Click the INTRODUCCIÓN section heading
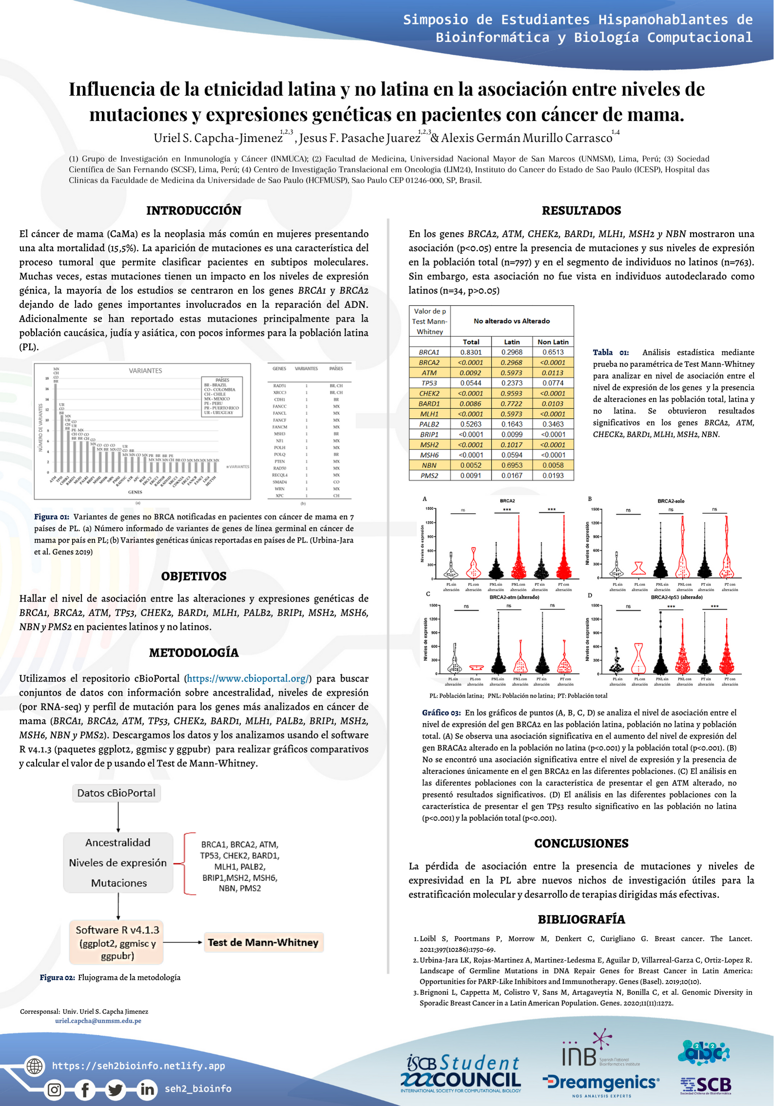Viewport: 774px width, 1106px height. pyautogui.click(x=194, y=210)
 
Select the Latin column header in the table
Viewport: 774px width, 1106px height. pyautogui.click(x=512, y=342)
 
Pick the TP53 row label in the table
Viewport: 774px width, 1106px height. pyautogui.click(x=429, y=383)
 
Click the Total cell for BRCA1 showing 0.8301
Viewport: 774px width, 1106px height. pyautogui.click(x=471, y=352)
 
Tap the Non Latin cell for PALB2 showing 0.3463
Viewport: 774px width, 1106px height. pyautogui.click(x=553, y=424)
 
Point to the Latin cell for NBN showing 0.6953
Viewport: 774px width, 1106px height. pyautogui.click(x=512, y=465)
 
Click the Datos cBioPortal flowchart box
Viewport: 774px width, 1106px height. pyautogui.click(x=116, y=793)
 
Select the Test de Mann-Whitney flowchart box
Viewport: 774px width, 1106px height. pyautogui.click(x=263, y=942)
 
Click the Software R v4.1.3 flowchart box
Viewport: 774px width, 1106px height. pyautogui.click(x=117, y=942)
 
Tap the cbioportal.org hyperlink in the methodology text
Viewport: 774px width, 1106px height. pyautogui.click(x=248, y=678)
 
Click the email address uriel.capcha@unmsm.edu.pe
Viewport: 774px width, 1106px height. pyautogui.click(x=98, y=1021)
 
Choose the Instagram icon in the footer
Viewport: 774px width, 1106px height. pyautogui.click(x=55, y=1089)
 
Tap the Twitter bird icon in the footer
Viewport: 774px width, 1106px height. pyautogui.click(x=116, y=1089)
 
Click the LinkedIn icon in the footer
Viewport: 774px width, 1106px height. pyautogui.click(x=147, y=1089)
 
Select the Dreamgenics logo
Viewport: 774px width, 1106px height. pyautogui.click(x=601, y=1083)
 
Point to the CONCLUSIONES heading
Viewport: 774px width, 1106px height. pyautogui.click(x=581, y=844)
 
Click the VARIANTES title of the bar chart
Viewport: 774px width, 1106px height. pyautogui.click(x=145, y=371)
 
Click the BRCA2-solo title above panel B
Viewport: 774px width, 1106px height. pyautogui.click(x=671, y=501)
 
